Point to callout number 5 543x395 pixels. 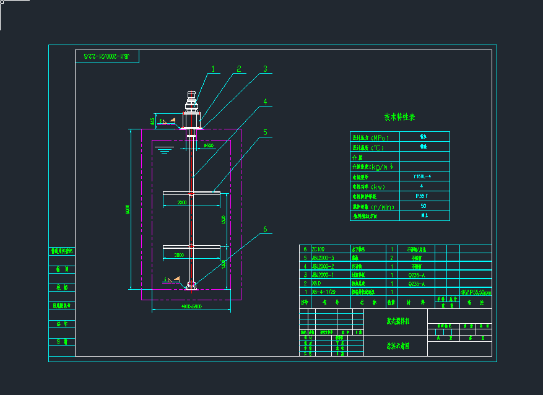pyautogui.click(x=265, y=132)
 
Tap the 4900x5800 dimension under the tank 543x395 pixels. pyautogui.click(x=191, y=306)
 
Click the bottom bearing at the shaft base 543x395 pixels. pyautogui.click(x=191, y=285)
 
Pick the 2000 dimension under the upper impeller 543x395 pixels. pyautogui.click(x=183, y=202)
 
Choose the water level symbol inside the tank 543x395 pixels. pyautogui.click(x=162, y=149)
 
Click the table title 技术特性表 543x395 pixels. pyautogui.click(x=399, y=117)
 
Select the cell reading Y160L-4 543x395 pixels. pyautogui.click(x=423, y=176)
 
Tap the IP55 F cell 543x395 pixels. pyautogui.click(x=423, y=196)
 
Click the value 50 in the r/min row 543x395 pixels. pyautogui.click(x=423, y=206)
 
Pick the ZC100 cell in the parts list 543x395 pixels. pyautogui.click(x=318, y=249)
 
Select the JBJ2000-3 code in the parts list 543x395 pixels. pyautogui.click(x=323, y=258)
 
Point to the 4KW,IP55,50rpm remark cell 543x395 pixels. pyautogui.click(x=476, y=292)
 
